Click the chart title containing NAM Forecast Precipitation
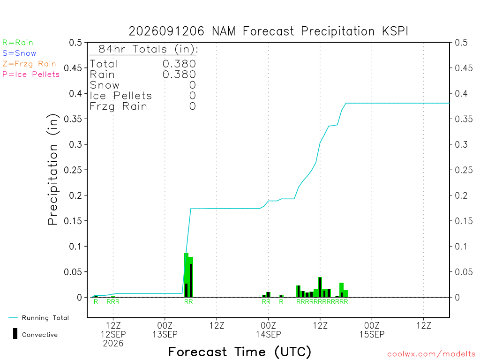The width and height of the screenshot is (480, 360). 268,31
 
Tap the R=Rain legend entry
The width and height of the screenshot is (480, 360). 17,43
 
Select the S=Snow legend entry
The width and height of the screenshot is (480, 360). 19,53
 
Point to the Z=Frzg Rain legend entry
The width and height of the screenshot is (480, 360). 29,64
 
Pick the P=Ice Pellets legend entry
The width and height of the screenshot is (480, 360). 31,75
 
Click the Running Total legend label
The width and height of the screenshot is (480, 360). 45,318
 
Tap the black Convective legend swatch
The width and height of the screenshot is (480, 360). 15,334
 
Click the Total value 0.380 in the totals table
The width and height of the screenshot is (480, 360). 179,64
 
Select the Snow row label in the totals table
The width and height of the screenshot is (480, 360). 105,85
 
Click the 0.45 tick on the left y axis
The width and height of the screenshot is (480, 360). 73,68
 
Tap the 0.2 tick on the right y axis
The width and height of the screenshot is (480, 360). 461,195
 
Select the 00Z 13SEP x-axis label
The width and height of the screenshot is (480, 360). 165,330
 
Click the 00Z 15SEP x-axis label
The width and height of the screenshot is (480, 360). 372,330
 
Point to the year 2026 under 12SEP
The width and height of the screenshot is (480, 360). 113,344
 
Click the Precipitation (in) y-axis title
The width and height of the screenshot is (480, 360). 52,169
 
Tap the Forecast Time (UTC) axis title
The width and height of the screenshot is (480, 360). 240,352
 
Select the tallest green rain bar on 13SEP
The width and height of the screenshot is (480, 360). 187,275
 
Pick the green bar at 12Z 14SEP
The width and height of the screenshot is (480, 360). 320,287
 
